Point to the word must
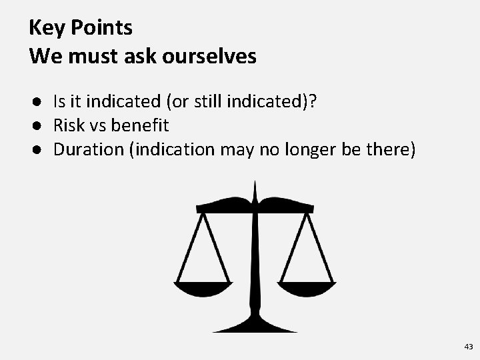(84, 56)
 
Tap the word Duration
(91, 149)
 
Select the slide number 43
(468, 347)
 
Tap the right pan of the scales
(307, 289)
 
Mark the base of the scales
(255, 327)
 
